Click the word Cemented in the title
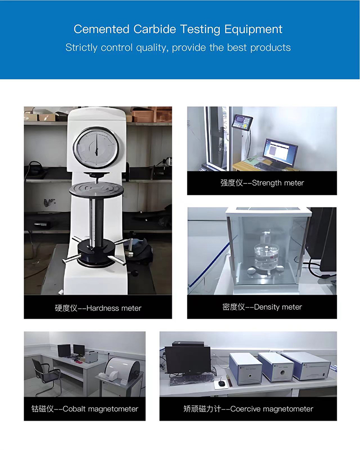tap(101, 29)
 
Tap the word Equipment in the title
tap(253, 30)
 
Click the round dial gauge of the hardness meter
tap(96, 148)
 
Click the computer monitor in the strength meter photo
tap(280, 153)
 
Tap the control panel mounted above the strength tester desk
tap(242, 122)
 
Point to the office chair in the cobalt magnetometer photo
tap(46, 377)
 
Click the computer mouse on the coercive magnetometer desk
tap(221, 383)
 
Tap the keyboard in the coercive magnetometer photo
tap(192, 379)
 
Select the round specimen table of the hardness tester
tap(96, 189)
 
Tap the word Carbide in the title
tap(155, 29)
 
